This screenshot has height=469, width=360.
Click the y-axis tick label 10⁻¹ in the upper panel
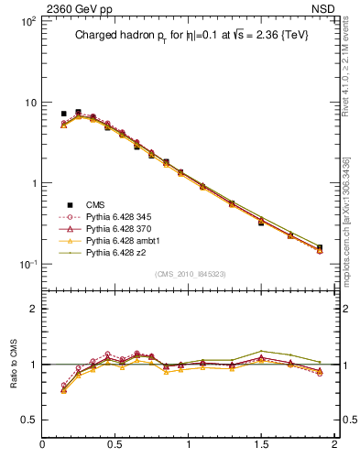tap(27, 264)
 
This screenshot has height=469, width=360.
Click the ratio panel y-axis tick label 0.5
tap(28, 420)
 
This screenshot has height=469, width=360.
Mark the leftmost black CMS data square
tap(63, 114)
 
